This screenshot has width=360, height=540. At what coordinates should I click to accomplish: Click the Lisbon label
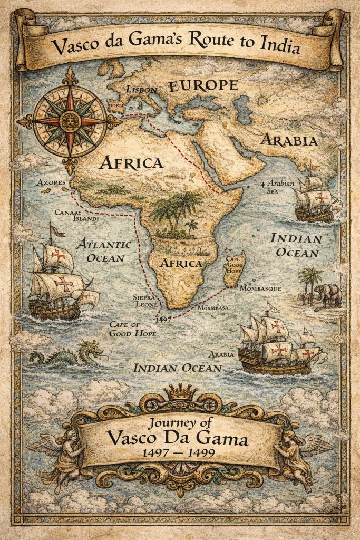[x=142, y=90]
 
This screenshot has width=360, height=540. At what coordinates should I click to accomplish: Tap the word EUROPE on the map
[x=203, y=86]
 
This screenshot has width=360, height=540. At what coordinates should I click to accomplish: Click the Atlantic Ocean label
[x=103, y=251]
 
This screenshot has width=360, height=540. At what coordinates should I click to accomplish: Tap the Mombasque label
[x=260, y=289]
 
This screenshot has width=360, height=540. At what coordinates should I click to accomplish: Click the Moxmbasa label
[x=215, y=307]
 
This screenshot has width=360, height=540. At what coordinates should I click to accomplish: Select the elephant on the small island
[x=328, y=295]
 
